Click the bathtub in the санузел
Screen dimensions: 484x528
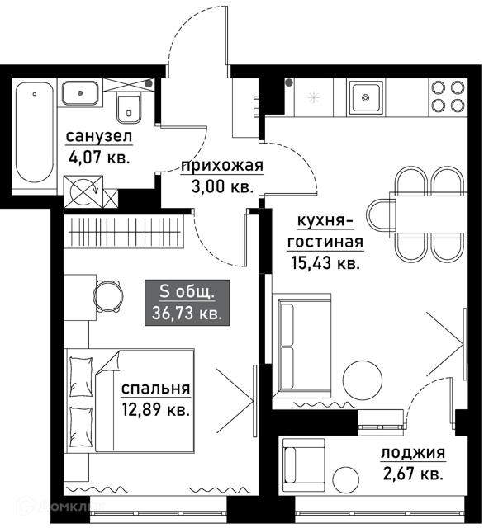[35, 132]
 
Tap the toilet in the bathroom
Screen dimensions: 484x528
[128, 109]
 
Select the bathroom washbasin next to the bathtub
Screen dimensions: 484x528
[80, 92]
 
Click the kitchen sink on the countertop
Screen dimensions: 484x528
[366, 97]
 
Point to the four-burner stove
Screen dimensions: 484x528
[448, 97]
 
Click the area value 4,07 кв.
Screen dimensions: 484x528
[99, 157]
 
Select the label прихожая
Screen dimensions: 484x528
[222, 166]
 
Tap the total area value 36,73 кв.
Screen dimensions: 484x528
[187, 313]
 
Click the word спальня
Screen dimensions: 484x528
[156, 389]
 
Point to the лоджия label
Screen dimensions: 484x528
[413, 453]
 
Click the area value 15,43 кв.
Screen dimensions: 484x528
[325, 262]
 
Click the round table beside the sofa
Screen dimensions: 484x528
[363, 379]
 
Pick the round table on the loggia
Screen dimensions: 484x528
[346, 479]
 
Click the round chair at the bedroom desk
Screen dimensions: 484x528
[108, 296]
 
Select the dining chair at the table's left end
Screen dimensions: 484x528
[381, 215]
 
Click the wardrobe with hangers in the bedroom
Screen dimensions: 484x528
[124, 232]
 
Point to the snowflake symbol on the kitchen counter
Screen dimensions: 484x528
[314, 98]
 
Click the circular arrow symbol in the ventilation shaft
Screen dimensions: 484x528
[83, 191]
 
